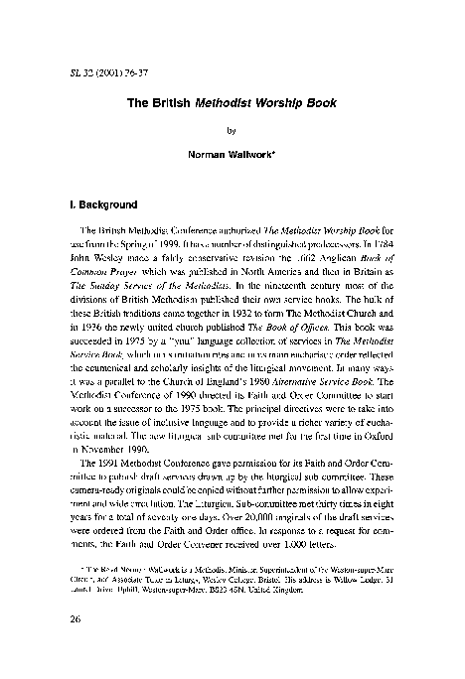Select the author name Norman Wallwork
232,154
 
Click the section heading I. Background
100,205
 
